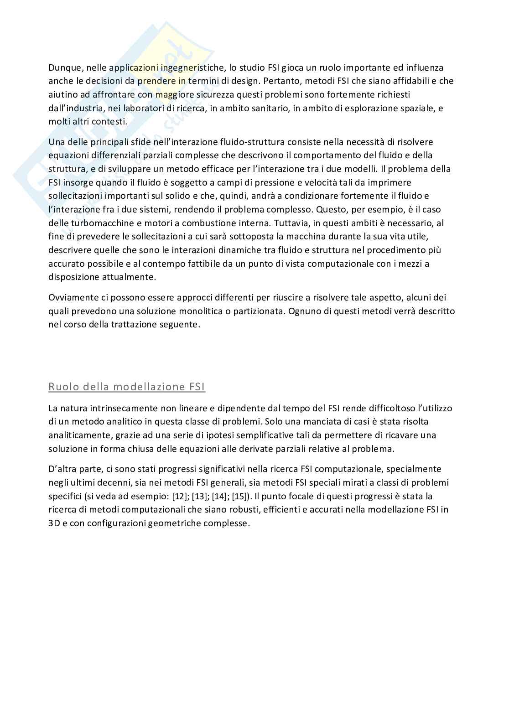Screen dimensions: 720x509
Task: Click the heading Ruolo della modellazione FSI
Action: pos(127,387)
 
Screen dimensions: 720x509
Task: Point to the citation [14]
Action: pos(219,496)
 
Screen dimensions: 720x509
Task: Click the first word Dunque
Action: pos(63,68)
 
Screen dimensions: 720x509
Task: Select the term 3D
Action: pos(55,523)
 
